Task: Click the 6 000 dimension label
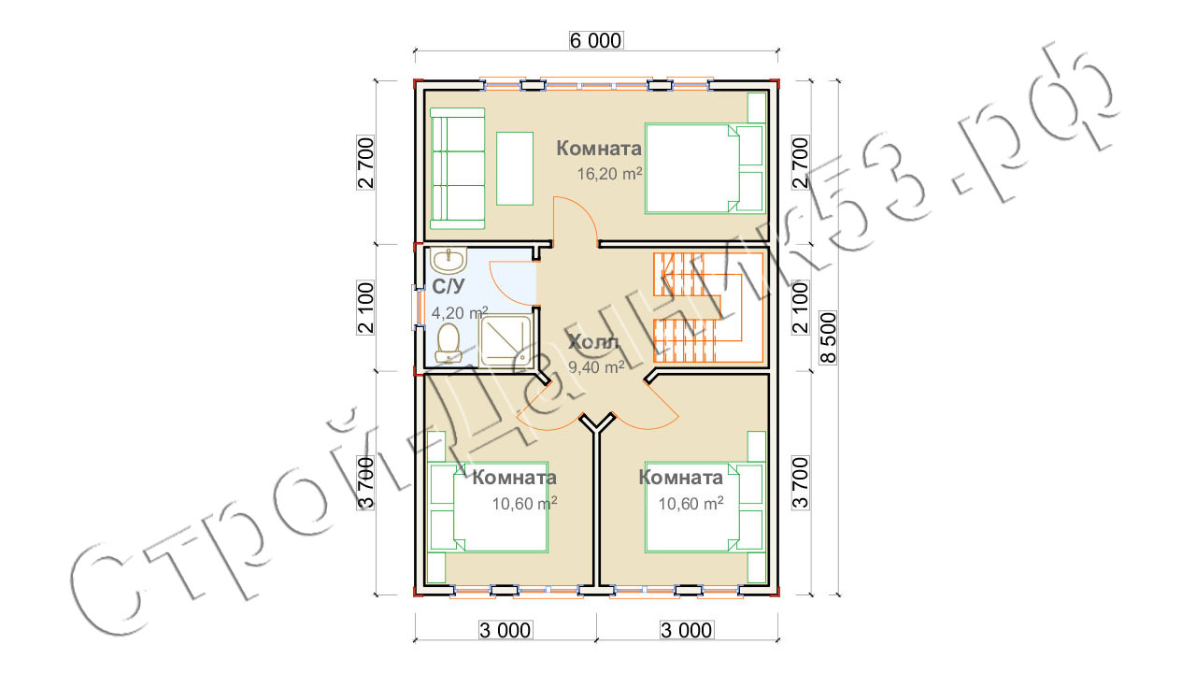click(596, 40)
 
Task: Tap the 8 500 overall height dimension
click(828, 338)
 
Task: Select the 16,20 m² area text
click(609, 174)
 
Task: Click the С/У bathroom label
click(448, 287)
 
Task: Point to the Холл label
click(593, 342)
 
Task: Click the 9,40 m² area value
click(596, 367)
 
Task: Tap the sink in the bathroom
click(448, 261)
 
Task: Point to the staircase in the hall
click(708, 308)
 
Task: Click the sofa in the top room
click(458, 168)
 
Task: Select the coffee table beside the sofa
click(515, 169)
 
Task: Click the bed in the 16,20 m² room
click(705, 169)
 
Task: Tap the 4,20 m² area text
click(460, 312)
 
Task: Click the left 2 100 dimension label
click(365, 308)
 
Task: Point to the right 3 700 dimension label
click(801, 483)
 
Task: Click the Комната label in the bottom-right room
click(681, 478)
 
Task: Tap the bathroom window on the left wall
click(417, 308)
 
